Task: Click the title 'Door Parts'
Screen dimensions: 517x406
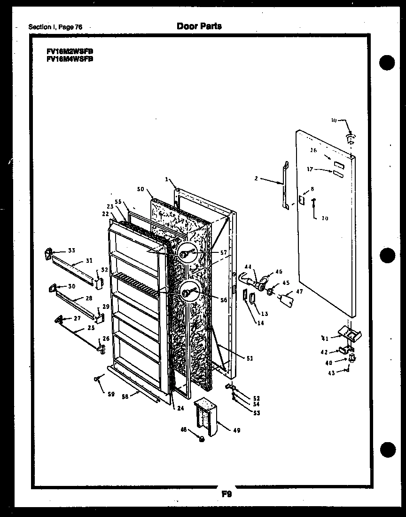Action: pyautogui.click(x=199, y=26)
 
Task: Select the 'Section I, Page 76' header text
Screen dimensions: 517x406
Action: pyautogui.click(x=55, y=27)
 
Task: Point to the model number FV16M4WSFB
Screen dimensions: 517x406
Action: pyautogui.click(x=70, y=59)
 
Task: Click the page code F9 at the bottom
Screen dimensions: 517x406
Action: pyautogui.click(x=226, y=494)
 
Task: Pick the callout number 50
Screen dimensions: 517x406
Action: pyautogui.click(x=140, y=189)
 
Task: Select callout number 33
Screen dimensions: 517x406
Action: pyautogui.click(x=71, y=250)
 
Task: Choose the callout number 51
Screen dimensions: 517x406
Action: pyautogui.click(x=249, y=358)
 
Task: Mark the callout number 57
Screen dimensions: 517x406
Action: pyautogui.click(x=223, y=253)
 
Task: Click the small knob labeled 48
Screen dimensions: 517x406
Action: pyautogui.click(x=202, y=438)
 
